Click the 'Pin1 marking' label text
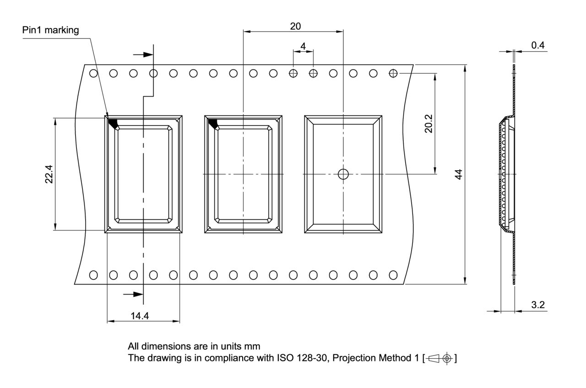click(x=50, y=31)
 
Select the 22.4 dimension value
click(x=49, y=174)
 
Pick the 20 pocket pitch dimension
click(x=295, y=26)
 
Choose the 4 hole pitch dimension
click(x=303, y=46)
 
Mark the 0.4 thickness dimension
click(x=538, y=45)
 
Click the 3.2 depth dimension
click(x=538, y=305)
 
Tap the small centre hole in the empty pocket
click(x=343, y=174)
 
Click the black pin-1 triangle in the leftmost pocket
click(x=113, y=123)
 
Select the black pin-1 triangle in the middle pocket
click(x=212, y=123)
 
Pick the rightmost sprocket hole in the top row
click(x=393, y=73)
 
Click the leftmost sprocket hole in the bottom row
click(x=93, y=275)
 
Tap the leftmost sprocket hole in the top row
click(x=93, y=73)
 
